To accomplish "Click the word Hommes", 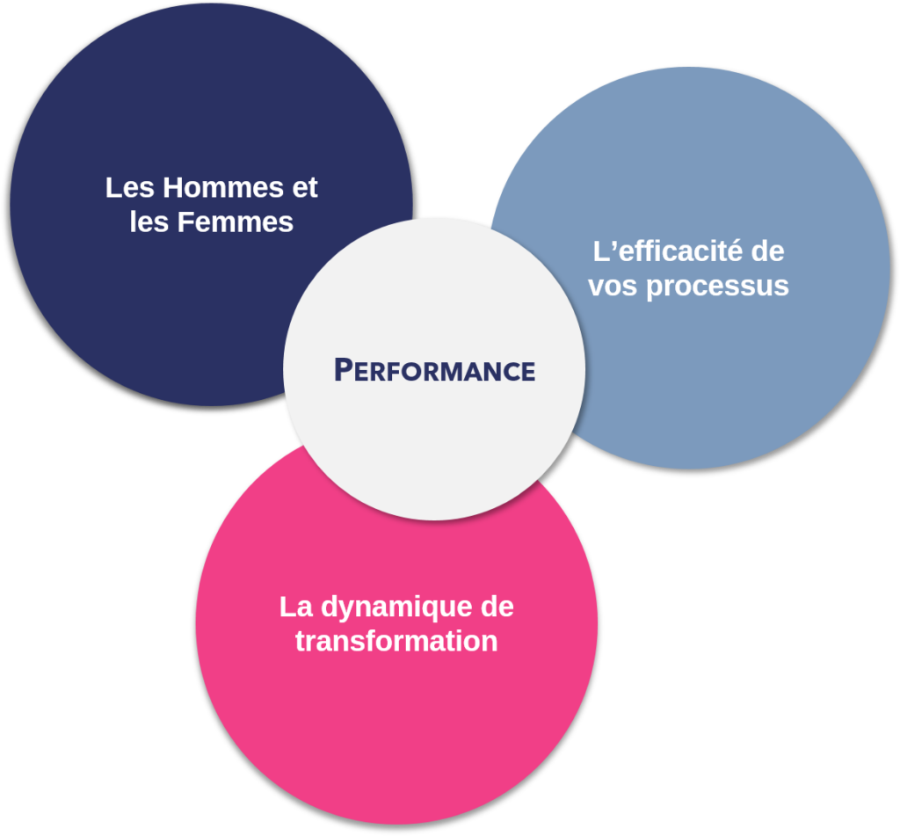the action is [223, 188].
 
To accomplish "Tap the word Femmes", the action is [236, 222].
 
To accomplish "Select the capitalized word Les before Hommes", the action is [130, 188].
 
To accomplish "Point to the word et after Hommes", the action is [305, 188].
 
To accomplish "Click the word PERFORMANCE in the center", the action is [434, 370].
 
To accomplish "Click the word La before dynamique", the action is [296, 607].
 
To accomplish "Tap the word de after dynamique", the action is [497, 607].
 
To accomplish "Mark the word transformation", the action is [396, 642].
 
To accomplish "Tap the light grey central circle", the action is [434, 369].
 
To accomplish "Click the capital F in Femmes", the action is [185, 222].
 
